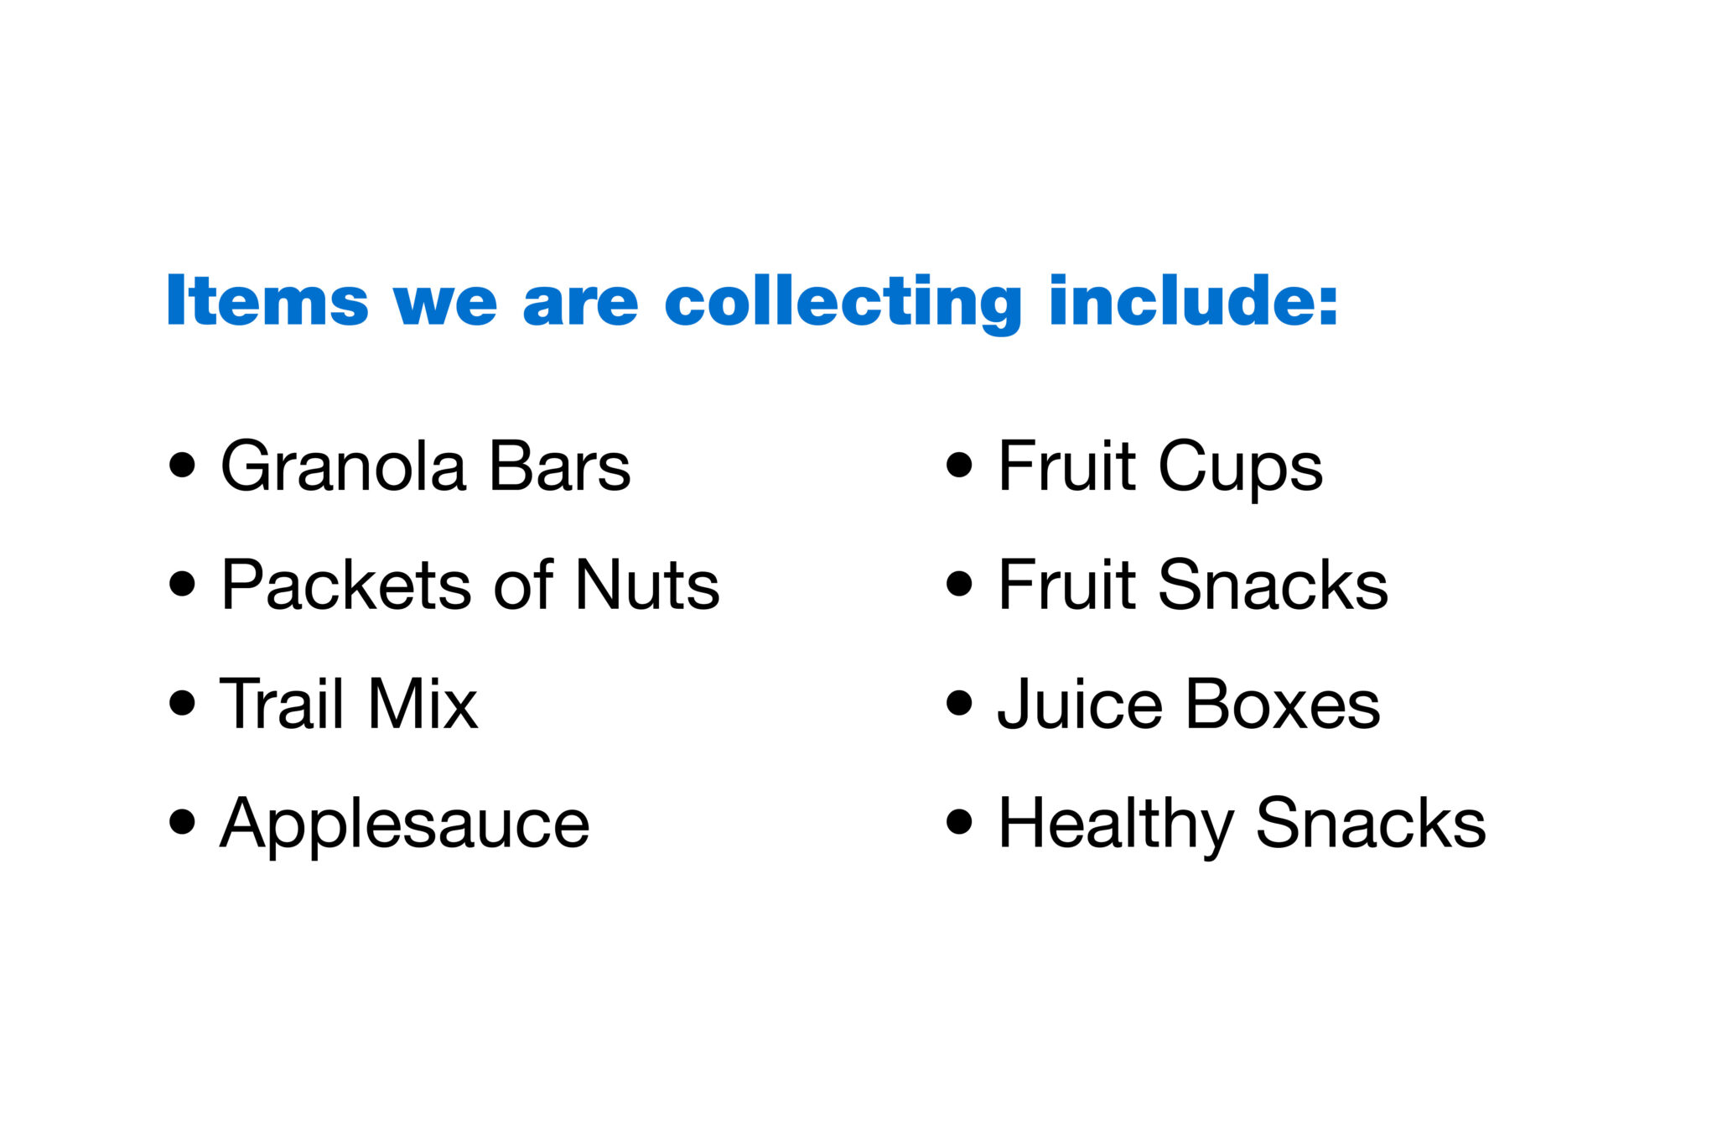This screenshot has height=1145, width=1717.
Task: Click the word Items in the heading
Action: click(x=267, y=299)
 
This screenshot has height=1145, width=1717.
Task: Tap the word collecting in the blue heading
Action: click(x=843, y=304)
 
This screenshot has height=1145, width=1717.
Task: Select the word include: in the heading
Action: click(x=1193, y=299)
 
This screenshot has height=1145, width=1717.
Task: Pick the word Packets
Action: click(x=346, y=585)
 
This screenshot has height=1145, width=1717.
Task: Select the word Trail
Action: click(x=282, y=703)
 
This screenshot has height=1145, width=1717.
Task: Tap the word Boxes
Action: click(x=1283, y=704)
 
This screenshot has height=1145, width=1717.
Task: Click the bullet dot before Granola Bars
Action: click(x=182, y=466)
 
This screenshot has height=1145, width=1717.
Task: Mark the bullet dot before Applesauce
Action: click(x=182, y=822)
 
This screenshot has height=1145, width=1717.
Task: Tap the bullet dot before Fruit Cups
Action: click(x=959, y=466)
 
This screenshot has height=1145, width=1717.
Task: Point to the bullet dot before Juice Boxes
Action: click(x=959, y=703)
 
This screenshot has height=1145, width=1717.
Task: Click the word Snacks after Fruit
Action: click(x=1273, y=585)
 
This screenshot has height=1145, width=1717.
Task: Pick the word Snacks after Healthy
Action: click(x=1371, y=822)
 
